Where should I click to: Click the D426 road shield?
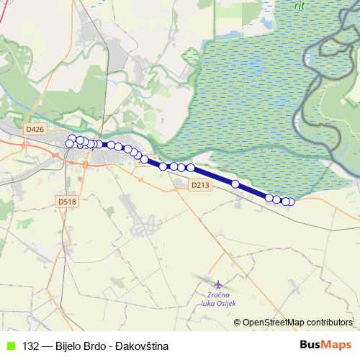tap(34, 129)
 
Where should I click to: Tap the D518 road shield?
tap(68, 202)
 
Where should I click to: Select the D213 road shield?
tap(201, 185)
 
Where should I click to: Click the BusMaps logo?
tap(325, 344)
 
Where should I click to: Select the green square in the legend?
tap(10, 346)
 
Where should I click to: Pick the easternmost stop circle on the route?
tap(291, 202)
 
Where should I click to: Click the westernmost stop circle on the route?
tap(70, 143)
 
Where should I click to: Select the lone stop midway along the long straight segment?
tap(235, 184)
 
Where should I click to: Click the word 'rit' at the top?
tap(300, 4)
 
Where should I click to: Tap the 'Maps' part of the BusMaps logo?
tap(338, 344)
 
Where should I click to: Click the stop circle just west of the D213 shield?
tap(191, 168)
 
